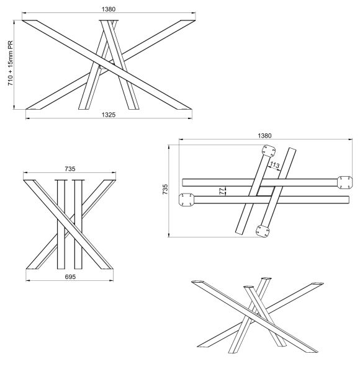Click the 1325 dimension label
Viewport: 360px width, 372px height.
[x=109, y=115]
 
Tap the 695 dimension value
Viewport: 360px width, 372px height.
[x=70, y=277]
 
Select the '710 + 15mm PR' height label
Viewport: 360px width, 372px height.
[x=11, y=63]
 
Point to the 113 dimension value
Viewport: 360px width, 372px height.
[x=274, y=165]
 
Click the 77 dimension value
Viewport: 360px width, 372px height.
[x=222, y=191]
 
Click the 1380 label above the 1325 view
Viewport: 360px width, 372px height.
[x=109, y=9]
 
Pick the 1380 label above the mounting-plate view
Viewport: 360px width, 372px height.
[x=264, y=135]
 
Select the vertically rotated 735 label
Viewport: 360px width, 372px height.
[x=165, y=189]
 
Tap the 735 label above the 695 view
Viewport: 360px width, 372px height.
[x=70, y=169]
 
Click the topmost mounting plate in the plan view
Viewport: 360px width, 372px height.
[x=269, y=151]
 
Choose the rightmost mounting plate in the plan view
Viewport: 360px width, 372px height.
[x=345, y=182]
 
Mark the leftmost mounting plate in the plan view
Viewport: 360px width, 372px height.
[x=186, y=200]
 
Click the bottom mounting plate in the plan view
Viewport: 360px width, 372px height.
[x=263, y=231]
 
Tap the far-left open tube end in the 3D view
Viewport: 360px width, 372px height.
[x=198, y=282]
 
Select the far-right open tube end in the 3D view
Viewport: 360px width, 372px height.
[x=317, y=284]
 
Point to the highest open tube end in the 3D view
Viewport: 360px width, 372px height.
[x=266, y=278]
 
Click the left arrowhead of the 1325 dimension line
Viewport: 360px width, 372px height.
[x=27, y=118]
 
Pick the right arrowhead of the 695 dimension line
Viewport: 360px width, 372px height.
[x=111, y=281]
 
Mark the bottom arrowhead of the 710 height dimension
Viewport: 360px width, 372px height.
[x=14, y=107]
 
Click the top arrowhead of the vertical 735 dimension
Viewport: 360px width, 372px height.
[x=169, y=147]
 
